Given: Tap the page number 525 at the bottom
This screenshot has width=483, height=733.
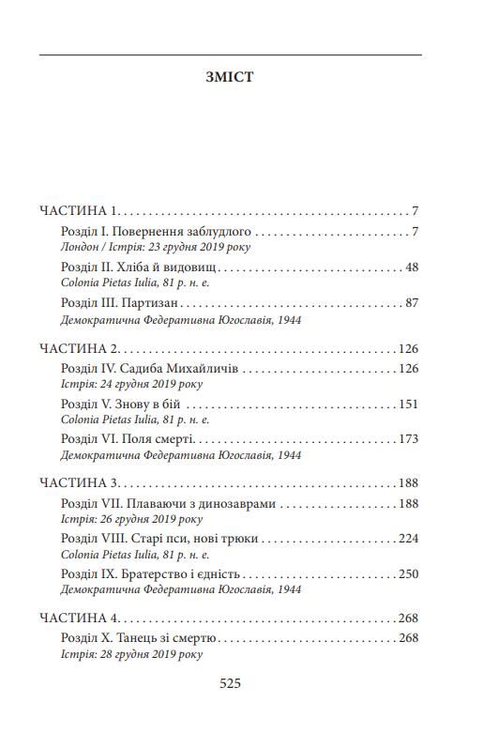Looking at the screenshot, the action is click(230, 683).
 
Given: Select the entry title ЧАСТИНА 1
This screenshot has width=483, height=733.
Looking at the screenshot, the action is click(79, 210).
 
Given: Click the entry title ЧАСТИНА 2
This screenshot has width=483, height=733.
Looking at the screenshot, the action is click(79, 348).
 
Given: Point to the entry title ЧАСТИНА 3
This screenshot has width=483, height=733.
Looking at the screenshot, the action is click(79, 483).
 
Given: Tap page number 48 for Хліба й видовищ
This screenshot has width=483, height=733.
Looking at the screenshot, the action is click(411, 267).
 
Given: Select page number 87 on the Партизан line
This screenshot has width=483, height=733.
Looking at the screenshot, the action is click(411, 302).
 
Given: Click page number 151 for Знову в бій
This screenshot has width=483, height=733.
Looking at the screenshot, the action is click(408, 404).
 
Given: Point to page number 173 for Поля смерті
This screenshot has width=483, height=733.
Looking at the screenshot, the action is click(408, 438).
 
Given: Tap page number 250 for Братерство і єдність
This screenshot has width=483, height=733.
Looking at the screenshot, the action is click(408, 573).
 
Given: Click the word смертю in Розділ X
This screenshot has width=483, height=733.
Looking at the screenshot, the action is click(194, 638).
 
